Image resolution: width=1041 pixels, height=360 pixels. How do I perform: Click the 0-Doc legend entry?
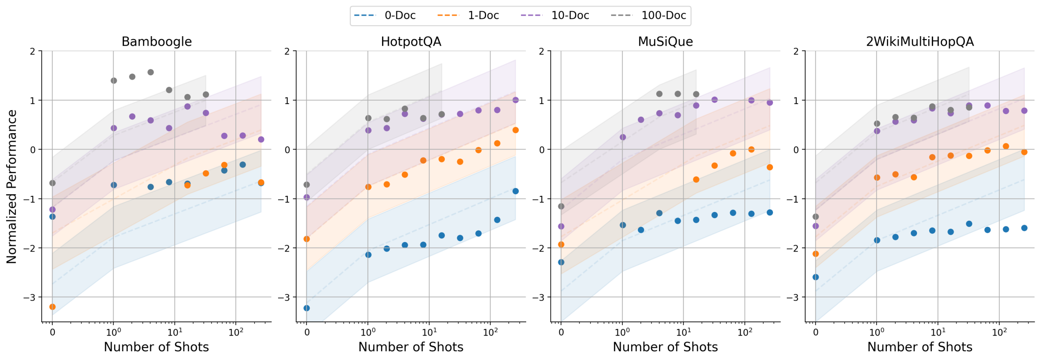coord(385,16)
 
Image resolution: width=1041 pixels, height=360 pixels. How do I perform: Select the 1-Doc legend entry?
coord(468,16)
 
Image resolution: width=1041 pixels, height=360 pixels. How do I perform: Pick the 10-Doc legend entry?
coord(555,16)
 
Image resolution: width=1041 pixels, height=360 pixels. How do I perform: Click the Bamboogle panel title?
coord(157,42)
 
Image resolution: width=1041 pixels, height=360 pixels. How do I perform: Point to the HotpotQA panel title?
coord(411,42)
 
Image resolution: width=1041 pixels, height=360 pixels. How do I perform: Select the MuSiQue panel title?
coord(665,42)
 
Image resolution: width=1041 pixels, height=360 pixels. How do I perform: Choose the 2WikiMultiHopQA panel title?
coord(920,42)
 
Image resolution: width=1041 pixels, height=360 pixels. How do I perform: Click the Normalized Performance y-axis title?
coord(12,186)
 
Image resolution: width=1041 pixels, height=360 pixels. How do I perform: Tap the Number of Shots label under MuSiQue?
coord(665,347)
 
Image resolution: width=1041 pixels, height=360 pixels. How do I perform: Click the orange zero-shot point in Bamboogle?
coord(53,307)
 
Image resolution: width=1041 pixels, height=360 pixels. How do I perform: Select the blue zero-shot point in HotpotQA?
coord(307,308)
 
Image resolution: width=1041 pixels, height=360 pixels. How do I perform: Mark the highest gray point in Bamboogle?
coord(151,72)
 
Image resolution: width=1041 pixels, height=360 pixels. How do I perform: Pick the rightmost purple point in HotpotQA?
coord(516,100)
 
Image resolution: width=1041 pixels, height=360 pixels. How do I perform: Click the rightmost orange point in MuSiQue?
coord(770,167)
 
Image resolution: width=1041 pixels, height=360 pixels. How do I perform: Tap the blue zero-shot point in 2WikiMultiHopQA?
coord(816,277)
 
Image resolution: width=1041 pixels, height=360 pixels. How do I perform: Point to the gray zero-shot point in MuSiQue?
coord(561,206)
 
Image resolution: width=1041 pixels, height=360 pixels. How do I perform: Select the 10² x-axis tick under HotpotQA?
coord(490,333)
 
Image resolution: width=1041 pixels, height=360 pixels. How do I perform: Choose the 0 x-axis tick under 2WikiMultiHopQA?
coord(816,333)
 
